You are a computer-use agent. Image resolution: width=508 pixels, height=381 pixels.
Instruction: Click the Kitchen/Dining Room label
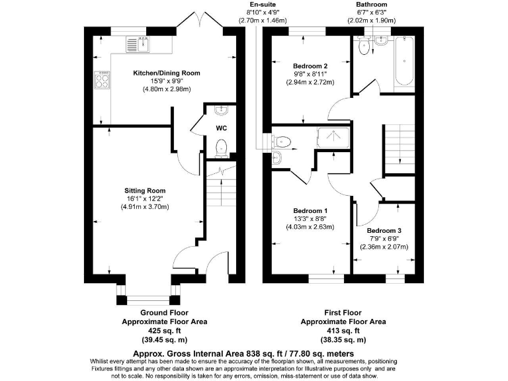click(157, 73)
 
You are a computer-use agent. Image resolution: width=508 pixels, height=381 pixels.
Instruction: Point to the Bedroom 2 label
click(310, 66)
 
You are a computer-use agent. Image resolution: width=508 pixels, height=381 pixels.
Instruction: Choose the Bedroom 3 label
click(384, 231)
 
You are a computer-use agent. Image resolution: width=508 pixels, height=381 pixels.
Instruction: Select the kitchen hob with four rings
click(103, 79)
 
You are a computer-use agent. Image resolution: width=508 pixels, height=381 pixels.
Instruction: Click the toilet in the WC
click(222, 148)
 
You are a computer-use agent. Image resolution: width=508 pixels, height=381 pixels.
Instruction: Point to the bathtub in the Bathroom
click(404, 63)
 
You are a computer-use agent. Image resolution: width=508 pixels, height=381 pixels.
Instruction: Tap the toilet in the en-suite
click(282, 140)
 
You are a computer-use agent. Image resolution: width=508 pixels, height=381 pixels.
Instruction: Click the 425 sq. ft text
click(164, 330)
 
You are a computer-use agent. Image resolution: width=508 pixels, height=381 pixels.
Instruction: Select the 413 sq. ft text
click(343, 330)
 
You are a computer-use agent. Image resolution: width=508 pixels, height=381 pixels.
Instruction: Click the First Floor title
click(343, 312)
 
